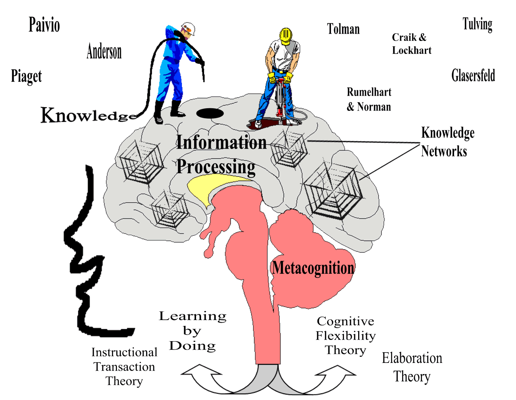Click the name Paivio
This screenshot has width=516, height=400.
point(44,25)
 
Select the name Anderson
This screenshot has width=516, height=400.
point(104,52)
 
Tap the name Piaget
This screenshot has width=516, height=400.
point(26,76)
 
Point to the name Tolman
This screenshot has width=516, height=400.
point(343,29)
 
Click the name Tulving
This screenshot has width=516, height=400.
point(477,24)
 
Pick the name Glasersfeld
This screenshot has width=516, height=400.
point(473,75)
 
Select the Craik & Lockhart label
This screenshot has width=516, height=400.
point(411,44)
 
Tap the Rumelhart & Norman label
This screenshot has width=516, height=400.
point(369,99)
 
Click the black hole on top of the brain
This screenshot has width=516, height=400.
point(210,113)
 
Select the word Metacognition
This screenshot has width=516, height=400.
point(313,268)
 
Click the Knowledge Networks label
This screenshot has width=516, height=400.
point(447,142)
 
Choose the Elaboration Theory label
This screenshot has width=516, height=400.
point(412,367)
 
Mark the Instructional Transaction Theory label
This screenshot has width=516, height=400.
point(124,366)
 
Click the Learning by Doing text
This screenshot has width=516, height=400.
point(193,331)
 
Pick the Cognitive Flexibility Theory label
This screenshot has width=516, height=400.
point(346,335)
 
